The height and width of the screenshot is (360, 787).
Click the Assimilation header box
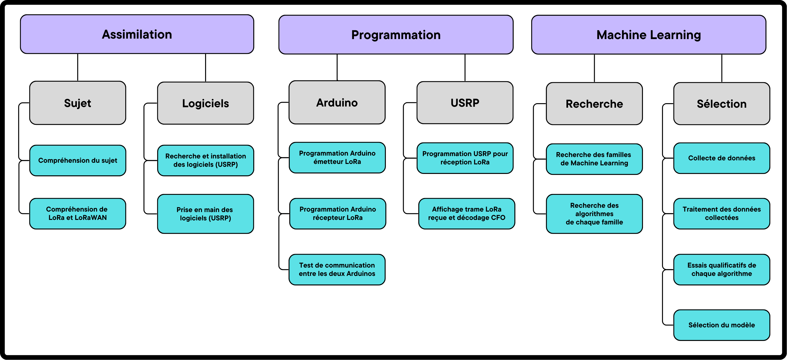[x=137, y=34]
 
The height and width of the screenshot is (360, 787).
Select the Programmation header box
[x=396, y=35]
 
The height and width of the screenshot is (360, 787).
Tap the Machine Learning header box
[x=649, y=35]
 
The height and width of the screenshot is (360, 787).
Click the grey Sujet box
[x=78, y=103]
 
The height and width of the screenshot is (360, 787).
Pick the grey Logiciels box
[x=206, y=103]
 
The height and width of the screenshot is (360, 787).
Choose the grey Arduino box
[x=337, y=102]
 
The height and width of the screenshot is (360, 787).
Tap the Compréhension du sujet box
[x=78, y=161]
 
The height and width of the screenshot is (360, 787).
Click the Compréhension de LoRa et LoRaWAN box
[x=78, y=214]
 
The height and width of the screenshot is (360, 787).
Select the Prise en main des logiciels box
[x=206, y=214]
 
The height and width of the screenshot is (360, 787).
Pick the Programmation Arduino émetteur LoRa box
[x=337, y=157]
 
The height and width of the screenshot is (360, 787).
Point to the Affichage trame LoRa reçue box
[x=466, y=214]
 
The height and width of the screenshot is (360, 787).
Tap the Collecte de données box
[x=722, y=158]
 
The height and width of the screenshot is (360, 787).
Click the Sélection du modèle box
[x=722, y=325]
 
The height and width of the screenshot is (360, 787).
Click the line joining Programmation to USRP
[x=465, y=68]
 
